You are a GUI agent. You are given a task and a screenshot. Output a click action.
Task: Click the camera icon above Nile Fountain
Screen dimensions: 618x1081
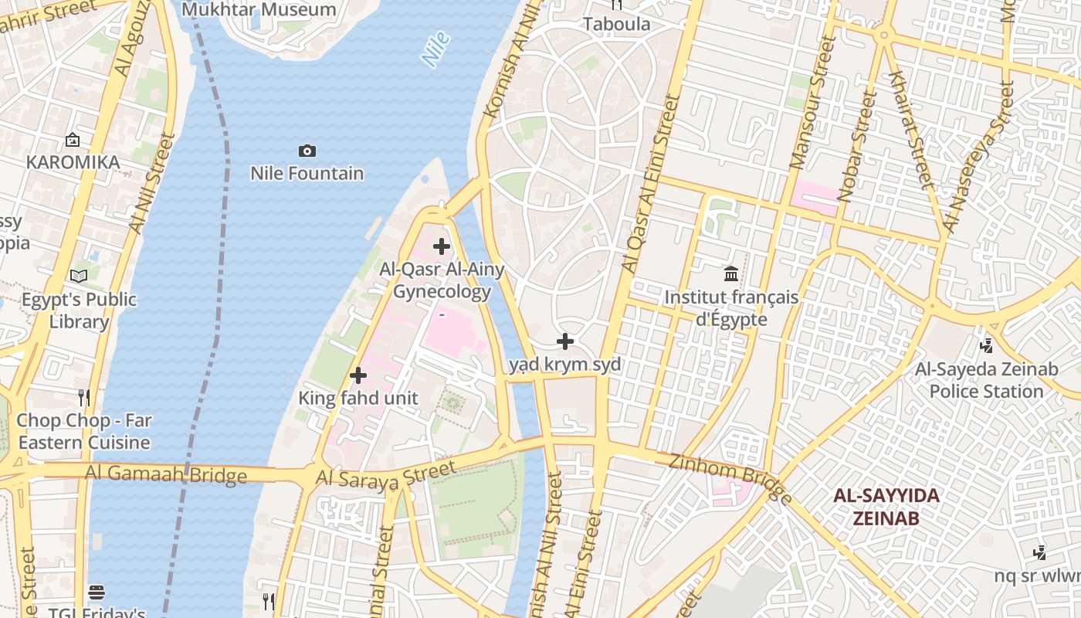click(x=307, y=151)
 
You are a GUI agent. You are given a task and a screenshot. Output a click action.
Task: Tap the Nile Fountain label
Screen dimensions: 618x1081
click(x=307, y=173)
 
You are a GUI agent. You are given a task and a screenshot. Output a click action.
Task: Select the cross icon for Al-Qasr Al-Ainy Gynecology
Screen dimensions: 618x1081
click(x=442, y=246)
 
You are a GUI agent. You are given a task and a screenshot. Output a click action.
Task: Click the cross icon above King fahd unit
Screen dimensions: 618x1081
click(x=358, y=375)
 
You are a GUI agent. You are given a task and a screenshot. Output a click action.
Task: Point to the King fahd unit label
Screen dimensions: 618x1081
click(x=358, y=399)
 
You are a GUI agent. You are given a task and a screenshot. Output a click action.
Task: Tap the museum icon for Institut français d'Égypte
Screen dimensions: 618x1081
click(x=731, y=273)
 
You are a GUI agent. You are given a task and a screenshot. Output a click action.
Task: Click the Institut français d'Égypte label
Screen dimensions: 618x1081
click(x=731, y=308)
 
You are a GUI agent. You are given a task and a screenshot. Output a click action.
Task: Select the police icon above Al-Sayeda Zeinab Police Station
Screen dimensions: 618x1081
click(x=986, y=346)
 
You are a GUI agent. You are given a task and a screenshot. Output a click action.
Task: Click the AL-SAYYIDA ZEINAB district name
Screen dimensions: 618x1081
click(x=886, y=507)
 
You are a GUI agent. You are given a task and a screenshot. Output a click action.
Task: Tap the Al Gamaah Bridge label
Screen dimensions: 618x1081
click(x=166, y=474)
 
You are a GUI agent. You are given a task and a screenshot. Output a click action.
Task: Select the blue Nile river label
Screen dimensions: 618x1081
click(x=436, y=49)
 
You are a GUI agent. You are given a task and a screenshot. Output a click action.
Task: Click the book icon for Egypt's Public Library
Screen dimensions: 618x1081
click(x=79, y=276)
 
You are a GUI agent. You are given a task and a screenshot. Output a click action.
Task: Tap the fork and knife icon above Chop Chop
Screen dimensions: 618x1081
click(x=84, y=398)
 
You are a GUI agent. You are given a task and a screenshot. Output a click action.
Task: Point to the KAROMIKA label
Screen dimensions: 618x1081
click(x=73, y=162)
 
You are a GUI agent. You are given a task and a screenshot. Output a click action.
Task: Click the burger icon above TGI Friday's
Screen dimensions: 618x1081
click(x=97, y=593)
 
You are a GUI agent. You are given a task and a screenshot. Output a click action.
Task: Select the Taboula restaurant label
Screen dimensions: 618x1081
click(x=616, y=24)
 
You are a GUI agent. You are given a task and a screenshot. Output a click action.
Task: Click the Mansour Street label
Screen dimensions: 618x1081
click(x=812, y=104)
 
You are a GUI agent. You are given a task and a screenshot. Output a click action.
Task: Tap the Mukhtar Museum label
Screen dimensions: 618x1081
click(x=259, y=10)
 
